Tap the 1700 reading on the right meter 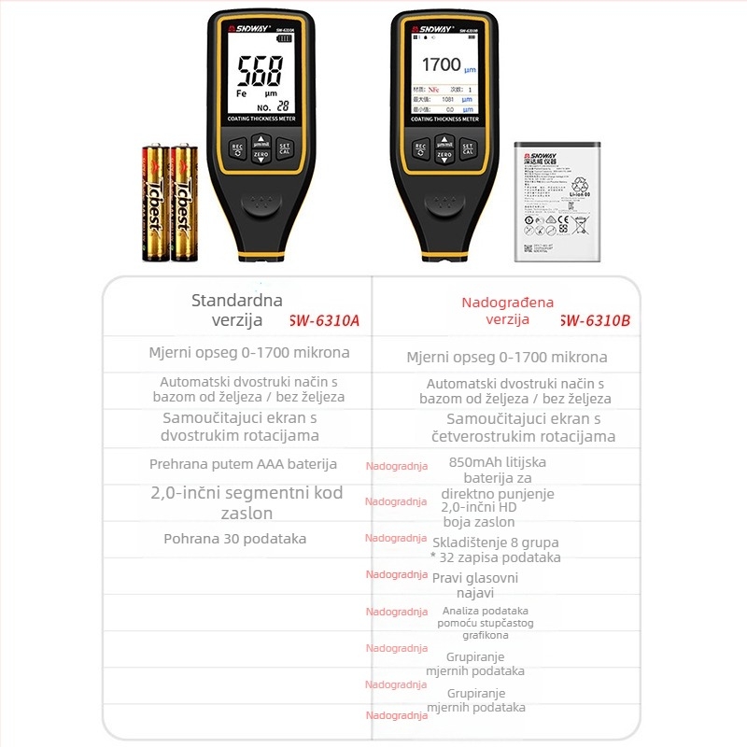coord(442,64)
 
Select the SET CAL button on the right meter coord(468,148)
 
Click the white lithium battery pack coord(557,201)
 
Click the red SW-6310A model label coord(324,320)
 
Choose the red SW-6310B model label coord(595,320)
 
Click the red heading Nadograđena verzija coord(507,311)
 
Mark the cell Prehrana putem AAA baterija coord(243,464)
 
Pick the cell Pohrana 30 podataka coord(234,539)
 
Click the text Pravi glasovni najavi coord(474,585)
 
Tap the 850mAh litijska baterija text coord(498,470)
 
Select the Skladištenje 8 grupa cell coord(495,549)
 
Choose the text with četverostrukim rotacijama coord(523,436)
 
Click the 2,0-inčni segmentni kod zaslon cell coord(247,502)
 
